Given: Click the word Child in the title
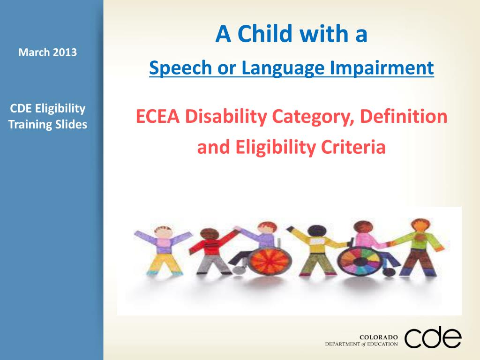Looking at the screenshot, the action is [265, 33].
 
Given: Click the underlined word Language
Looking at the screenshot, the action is [283, 68].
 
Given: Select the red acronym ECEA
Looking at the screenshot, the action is [157, 117].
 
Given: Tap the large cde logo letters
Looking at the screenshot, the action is [433, 337].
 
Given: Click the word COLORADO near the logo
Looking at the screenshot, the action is [379, 337].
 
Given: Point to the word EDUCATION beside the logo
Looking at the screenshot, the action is [382, 344].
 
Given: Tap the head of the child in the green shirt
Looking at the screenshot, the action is [421, 226].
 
